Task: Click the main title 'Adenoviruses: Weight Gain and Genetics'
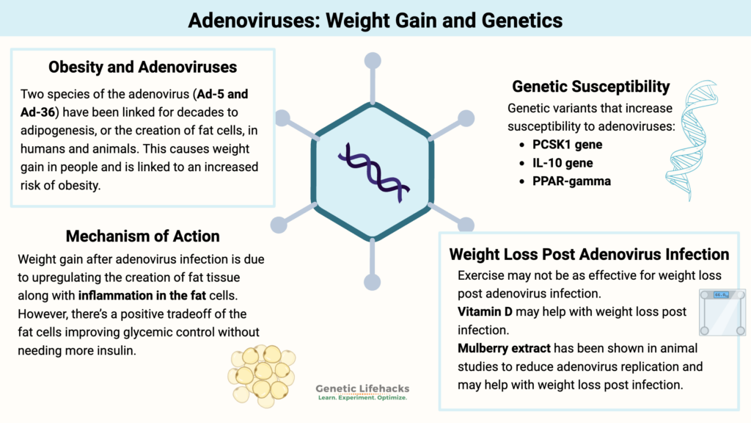pos(375,19)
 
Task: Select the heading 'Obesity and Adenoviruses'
pos(142,67)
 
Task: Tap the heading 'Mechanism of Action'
pos(142,236)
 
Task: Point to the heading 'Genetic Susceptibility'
pos(590,86)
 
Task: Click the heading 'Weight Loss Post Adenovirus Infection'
pos(589,254)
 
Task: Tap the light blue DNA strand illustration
pos(689,140)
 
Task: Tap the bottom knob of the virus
pos(373,281)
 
